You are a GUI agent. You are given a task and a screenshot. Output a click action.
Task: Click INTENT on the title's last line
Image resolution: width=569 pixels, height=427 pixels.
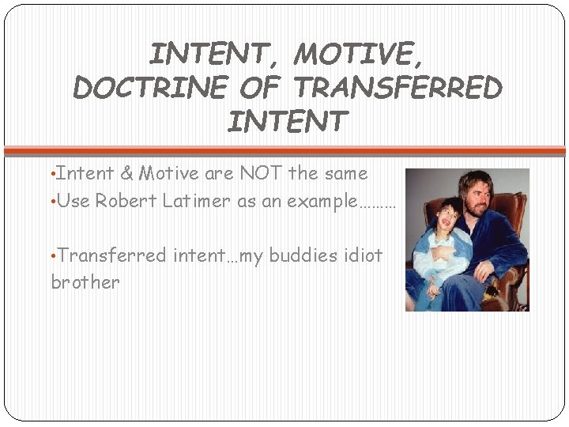pos(286,122)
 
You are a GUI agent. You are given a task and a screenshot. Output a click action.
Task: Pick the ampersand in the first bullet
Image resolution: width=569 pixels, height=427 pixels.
pos(126,173)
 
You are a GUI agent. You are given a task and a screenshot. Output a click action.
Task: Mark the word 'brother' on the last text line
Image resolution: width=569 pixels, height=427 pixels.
pos(85,282)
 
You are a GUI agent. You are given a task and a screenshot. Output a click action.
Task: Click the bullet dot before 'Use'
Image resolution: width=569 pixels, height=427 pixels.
pos(53,202)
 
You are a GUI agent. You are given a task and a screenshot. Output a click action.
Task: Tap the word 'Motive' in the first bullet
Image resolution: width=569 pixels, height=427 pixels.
pos(165,173)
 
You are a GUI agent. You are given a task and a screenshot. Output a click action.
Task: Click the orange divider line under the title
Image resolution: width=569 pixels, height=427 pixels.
pos(284,149)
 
